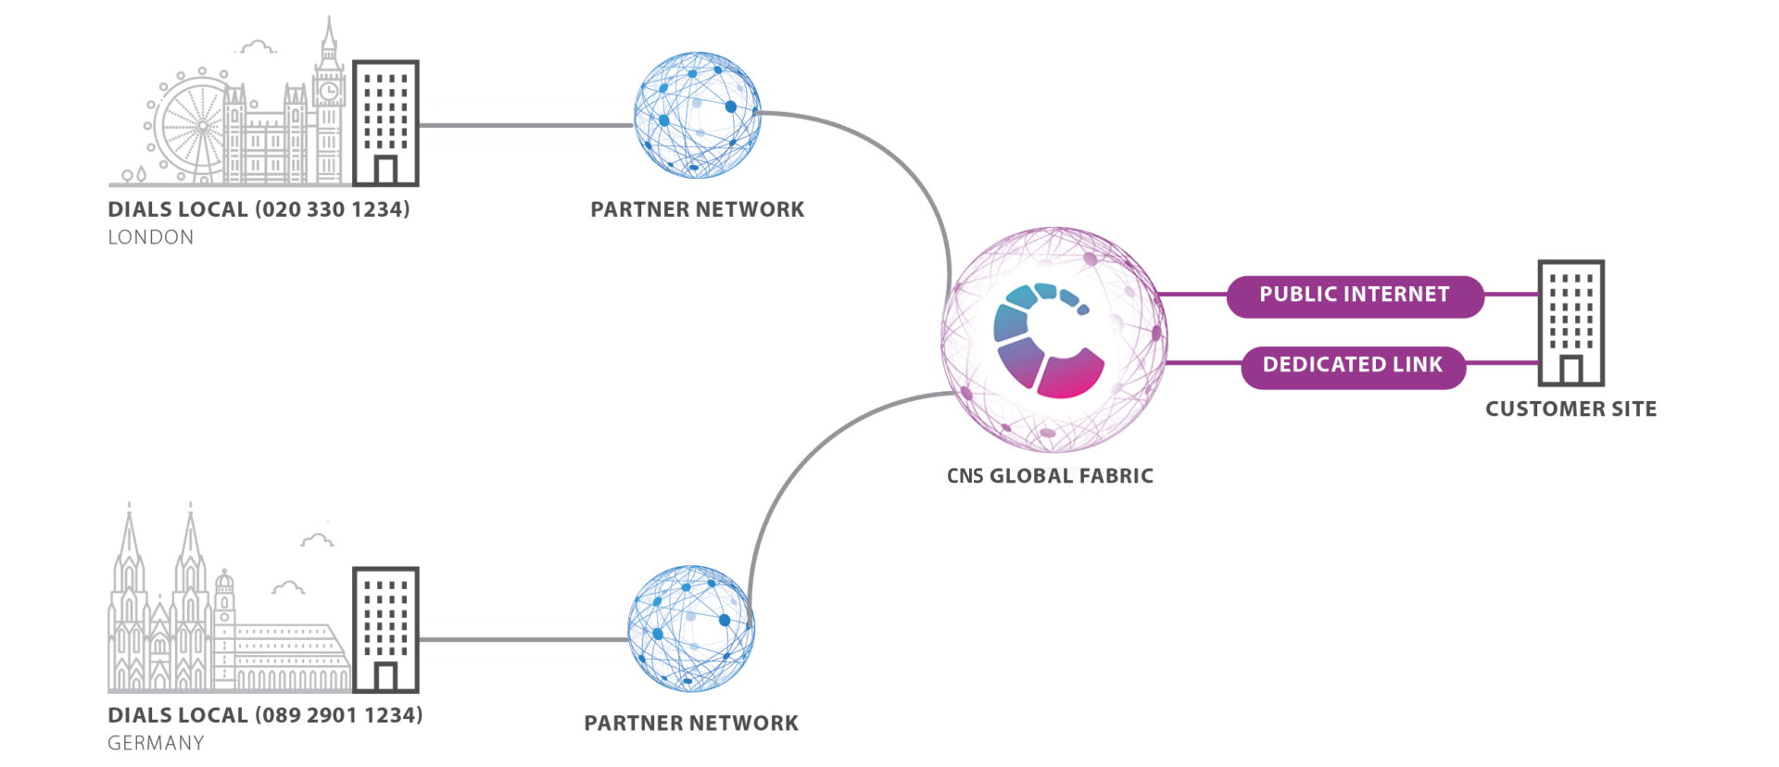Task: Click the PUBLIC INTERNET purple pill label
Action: tap(1354, 295)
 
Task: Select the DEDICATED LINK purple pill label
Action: tap(1353, 366)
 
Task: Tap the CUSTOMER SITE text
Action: tap(1570, 409)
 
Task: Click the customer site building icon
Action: tap(1571, 321)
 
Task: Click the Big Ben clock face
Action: tap(329, 91)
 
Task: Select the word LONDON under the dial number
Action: tap(151, 238)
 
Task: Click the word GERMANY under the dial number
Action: tap(156, 743)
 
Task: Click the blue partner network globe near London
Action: tap(698, 116)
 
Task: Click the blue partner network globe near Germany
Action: tap(691, 629)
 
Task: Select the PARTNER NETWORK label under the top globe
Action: tap(697, 210)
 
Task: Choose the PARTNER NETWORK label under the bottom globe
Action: tap(691, 723)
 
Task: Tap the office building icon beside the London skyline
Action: tap(385, 122)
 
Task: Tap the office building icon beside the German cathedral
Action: tap(385, 629)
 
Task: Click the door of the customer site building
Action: tap(1570, 370)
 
